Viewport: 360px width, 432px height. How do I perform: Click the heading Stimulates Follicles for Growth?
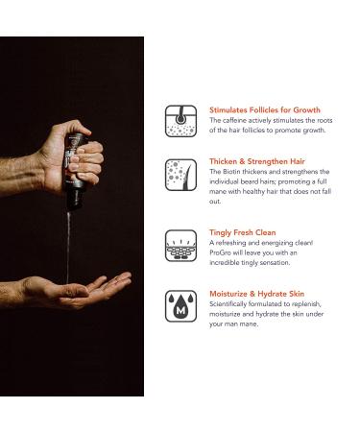[x=265, y=110]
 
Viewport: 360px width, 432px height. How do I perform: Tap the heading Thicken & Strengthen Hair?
[x=257, y=161]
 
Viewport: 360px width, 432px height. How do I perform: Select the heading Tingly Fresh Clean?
[x=243, y=232]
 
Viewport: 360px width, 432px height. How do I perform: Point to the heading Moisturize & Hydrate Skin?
[x=257, y=294]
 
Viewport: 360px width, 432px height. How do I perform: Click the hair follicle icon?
[x=180, y=121]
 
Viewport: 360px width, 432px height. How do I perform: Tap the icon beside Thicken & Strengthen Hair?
[x=180, y=175]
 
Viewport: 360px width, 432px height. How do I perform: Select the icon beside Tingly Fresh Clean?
[x=180, y=246]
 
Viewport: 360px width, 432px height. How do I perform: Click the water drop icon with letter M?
[x=180, y=306]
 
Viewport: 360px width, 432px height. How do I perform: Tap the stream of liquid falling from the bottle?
[x=68, y=247]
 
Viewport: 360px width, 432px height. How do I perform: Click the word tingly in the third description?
[x=258, y=263]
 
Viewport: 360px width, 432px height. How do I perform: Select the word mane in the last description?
[x=250, y=324]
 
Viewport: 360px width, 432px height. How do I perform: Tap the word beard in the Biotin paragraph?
[x=249, y=181]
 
